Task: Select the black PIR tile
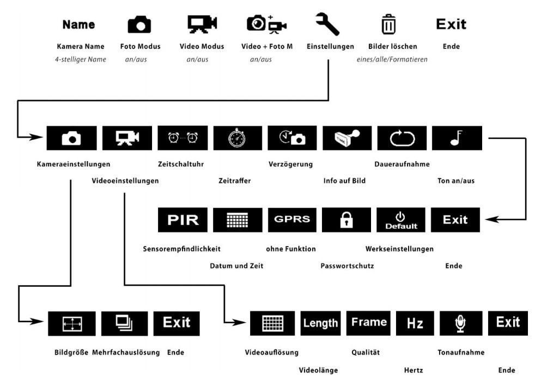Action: tap(183, 220)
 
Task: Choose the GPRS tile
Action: tap(292, 220)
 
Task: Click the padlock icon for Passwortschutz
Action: tap(346, 220)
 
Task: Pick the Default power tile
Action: tap(400, 220)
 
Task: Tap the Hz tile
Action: tap(415, 323)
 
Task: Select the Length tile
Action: tap(320, 323)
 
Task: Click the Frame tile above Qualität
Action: tap(369, 323)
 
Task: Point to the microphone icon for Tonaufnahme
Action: tap(460, 323)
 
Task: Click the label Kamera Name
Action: tap(81, 47)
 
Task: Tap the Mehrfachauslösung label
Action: tap(126, 353)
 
